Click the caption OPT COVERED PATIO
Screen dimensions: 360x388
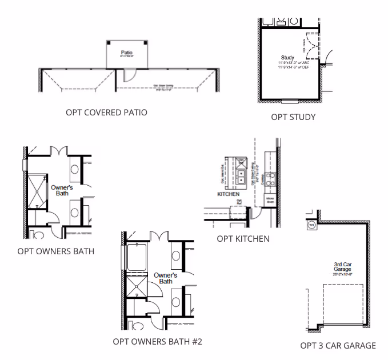pyautogui.click(x=106, y=113)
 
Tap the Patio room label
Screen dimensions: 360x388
pyautogui.click(x=126, y=53)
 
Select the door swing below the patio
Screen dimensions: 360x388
pyautogui.click(x=129, y=74)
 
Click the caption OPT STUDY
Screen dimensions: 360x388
pyautogui.click(x=293, y=117)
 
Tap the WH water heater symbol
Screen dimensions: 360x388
pyautogui.click(x=311, y=225)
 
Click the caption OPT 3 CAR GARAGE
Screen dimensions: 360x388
pyautogui.click(x=338, y=345)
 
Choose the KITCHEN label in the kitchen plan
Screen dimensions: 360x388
pyautogui.click(x=227, y=194)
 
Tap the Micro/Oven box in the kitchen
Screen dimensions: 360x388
pyautogui.click(x=269, y=201)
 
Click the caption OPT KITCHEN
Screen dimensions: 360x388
pyautogui.click(x=243, y=238)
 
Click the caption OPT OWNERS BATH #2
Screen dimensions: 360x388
pyautogui.click(x=157, y=342)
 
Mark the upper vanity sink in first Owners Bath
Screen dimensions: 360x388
pyautogui.click(x=75, y=170)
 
